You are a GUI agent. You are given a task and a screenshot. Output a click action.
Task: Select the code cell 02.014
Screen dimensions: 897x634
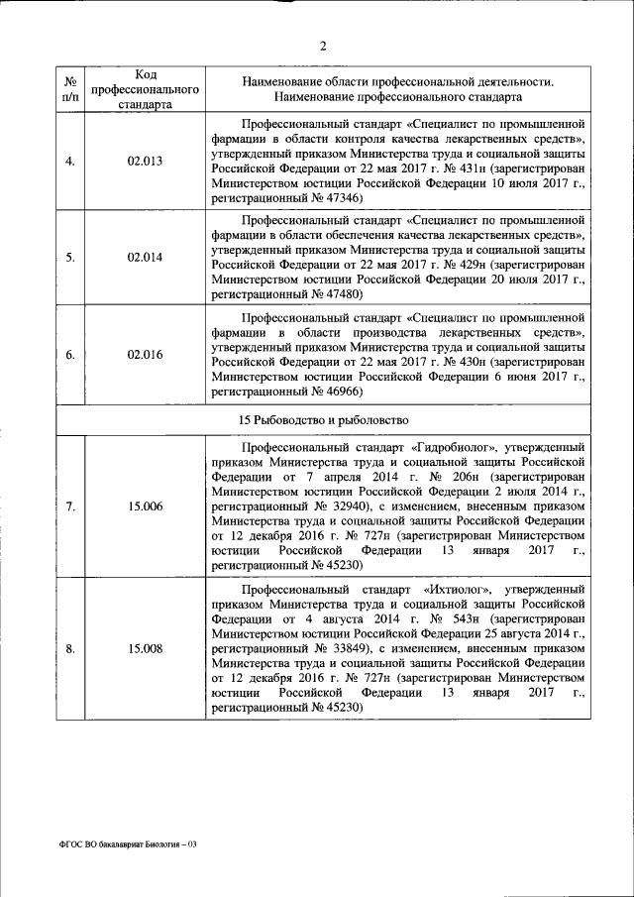[145, 258]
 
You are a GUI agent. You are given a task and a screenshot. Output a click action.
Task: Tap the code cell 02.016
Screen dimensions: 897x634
[145, 354]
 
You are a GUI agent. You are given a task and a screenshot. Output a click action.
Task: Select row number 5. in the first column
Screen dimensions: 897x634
[70, 258]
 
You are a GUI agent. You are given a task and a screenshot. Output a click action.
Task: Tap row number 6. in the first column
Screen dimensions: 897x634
[70, 354]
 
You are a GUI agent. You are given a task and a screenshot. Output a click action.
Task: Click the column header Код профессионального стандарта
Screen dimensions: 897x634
[145, 88]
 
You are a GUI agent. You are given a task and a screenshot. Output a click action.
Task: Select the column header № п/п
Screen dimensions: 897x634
[70, 88]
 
